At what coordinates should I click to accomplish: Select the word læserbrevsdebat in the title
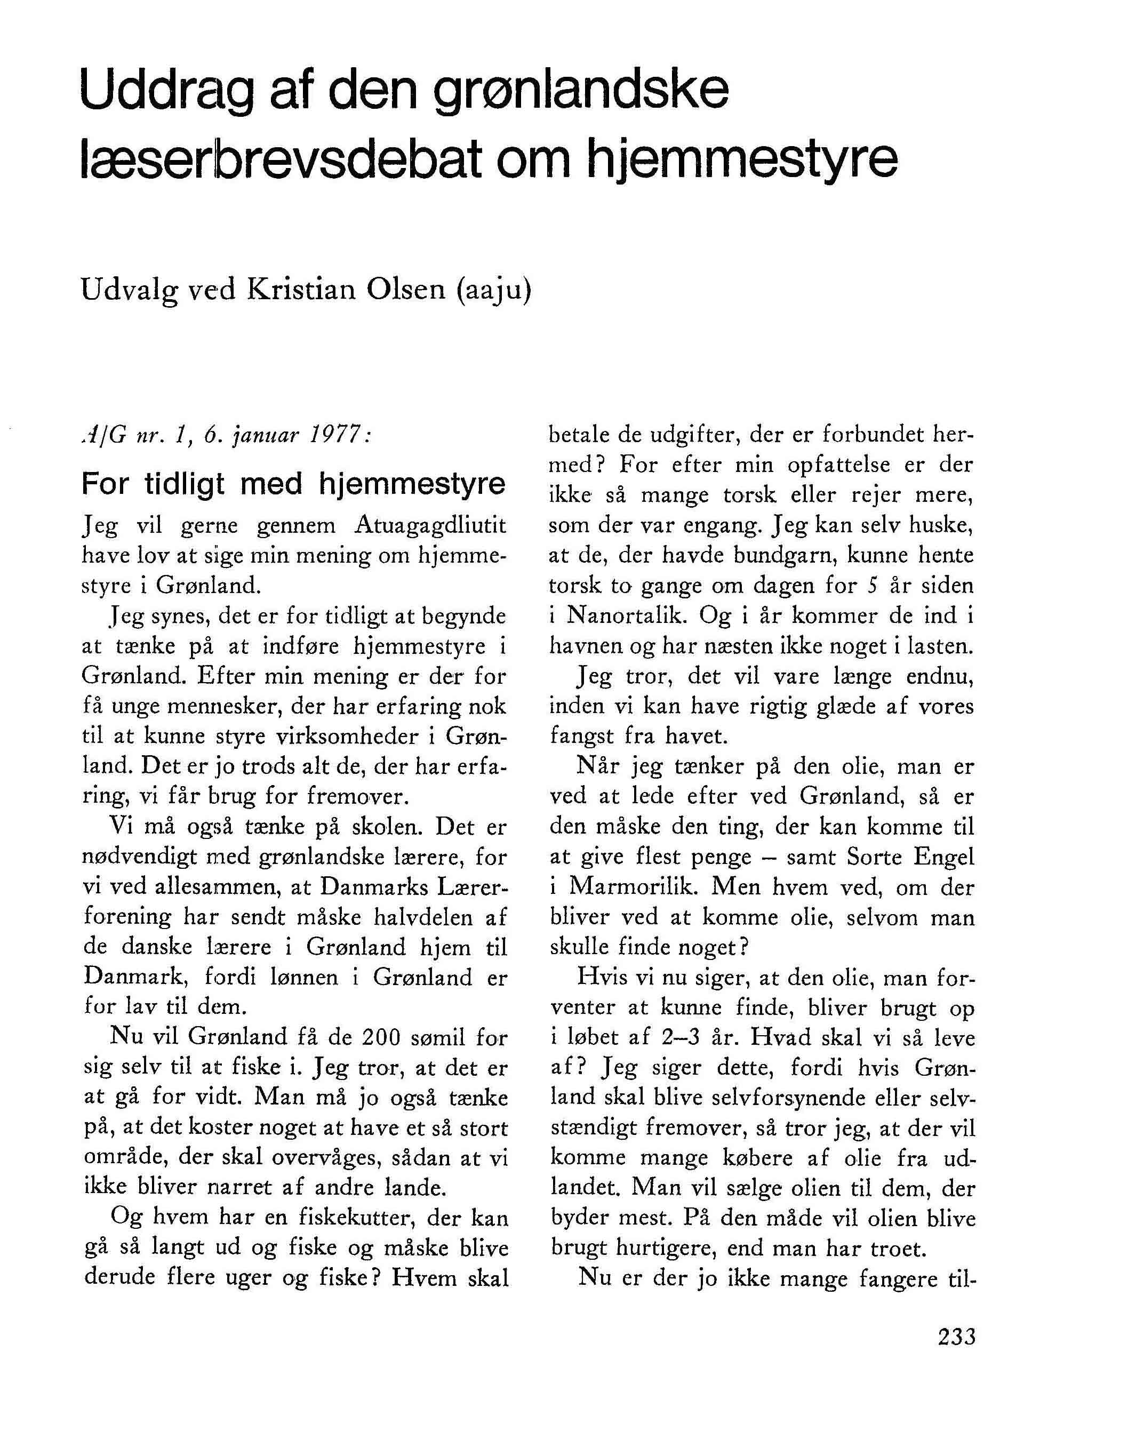[x=280, y=160]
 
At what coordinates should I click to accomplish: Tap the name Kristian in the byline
[x=301, y=289]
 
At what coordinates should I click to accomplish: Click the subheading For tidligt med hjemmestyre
[x=293, y=483]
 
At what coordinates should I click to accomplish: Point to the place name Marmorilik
[x=631, y=886]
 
